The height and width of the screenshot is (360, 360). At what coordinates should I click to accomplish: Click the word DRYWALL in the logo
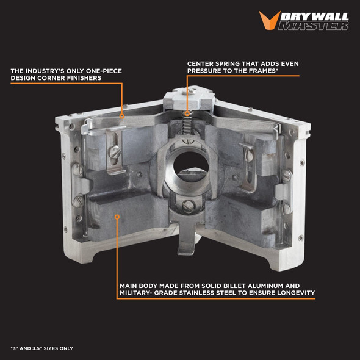click(x=314, y=16)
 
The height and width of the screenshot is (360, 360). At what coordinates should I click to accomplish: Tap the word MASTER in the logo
click(x=313, y=26)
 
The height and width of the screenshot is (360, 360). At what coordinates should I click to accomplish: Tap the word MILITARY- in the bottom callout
click(x=135, y=293)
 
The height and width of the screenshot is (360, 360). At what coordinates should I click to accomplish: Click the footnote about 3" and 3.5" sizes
click(x=41, y=348)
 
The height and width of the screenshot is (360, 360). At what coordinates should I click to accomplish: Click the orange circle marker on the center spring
click(x=187, y=113)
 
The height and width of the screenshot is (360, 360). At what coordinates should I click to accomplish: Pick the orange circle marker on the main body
click(x=117, y=217)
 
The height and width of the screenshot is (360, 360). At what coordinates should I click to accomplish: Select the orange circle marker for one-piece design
click(x=122, y=116)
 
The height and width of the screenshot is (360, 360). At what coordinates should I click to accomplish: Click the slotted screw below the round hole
click(x=189, y=206)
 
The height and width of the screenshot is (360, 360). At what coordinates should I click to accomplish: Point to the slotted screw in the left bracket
click(x=114, y=152)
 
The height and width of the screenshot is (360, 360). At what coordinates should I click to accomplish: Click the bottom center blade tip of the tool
click(x=187, y=253)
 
